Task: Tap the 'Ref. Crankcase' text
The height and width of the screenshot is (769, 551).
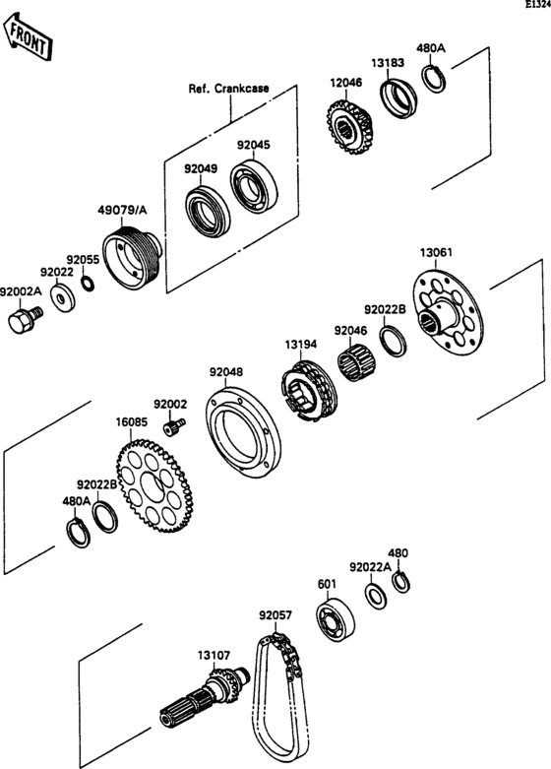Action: click(x=228, y=89)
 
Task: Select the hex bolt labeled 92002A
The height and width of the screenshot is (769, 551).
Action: click(x=21, y=321)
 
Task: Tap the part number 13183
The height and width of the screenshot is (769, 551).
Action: click(x=387, y=62)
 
